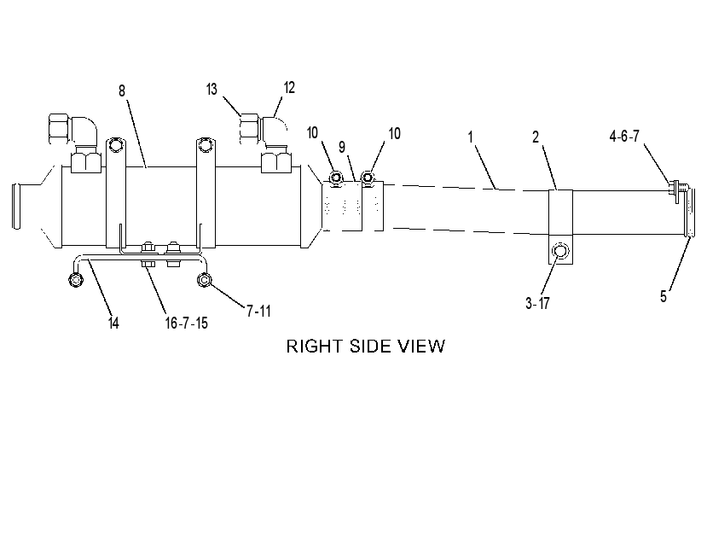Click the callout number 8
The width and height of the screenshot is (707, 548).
click(122, 90)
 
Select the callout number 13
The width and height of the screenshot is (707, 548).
click(212, 90)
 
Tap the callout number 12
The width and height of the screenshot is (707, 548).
click(289, 88)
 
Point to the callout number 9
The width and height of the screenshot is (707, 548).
click(342, 147)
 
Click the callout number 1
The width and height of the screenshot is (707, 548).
click(470, 137)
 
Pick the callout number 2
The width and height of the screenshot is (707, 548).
click(536, 137)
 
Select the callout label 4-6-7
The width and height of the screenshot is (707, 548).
click(624, 136)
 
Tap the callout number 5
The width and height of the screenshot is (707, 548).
click(664, 296)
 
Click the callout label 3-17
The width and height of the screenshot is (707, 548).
click(537, 303)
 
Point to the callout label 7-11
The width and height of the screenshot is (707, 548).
click(258, 311)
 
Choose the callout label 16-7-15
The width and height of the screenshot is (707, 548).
click(186, 324)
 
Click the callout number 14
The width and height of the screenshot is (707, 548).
click(113, 324)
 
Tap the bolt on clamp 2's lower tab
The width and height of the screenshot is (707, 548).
click(560, 251)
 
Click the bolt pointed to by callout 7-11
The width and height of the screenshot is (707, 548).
click(205, 280)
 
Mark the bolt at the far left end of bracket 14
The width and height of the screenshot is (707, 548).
click(76, 280)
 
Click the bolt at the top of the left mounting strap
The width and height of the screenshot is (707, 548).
click(115, 144)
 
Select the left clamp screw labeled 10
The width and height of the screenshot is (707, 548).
click(335, 178)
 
